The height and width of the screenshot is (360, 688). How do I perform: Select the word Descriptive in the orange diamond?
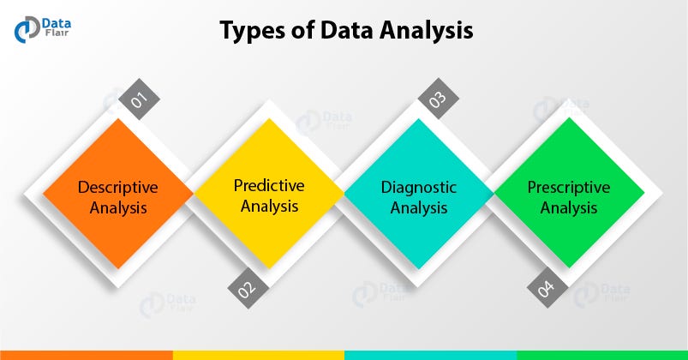click(x=118, y=187)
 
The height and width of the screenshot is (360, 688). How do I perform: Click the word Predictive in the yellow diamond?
click(x=268, y=184)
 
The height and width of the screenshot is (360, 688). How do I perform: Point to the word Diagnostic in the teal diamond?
click(x=419, y=187)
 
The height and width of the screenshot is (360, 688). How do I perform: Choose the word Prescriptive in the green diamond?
click(x=569, y=187)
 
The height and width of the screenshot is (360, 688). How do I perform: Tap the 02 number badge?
click(x=247, y=288)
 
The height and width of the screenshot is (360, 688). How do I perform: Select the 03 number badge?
click(x=439, y=99)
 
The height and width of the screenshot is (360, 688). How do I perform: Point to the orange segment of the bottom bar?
click(x=86, y=354)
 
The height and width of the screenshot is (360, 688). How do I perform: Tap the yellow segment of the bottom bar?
click(x=258, y=354)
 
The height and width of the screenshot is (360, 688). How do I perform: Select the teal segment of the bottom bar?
click(x=430, y=354)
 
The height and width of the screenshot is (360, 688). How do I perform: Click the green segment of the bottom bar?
click(x=601, y=354)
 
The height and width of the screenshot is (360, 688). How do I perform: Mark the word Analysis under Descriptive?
click(x=118, y=208)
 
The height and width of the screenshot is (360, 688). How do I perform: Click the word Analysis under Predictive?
click(x=268, y=206)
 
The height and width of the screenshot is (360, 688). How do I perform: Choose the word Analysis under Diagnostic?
click(x=419, y=208)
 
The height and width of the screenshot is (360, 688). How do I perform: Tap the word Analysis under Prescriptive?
click(x=569, y=208)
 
